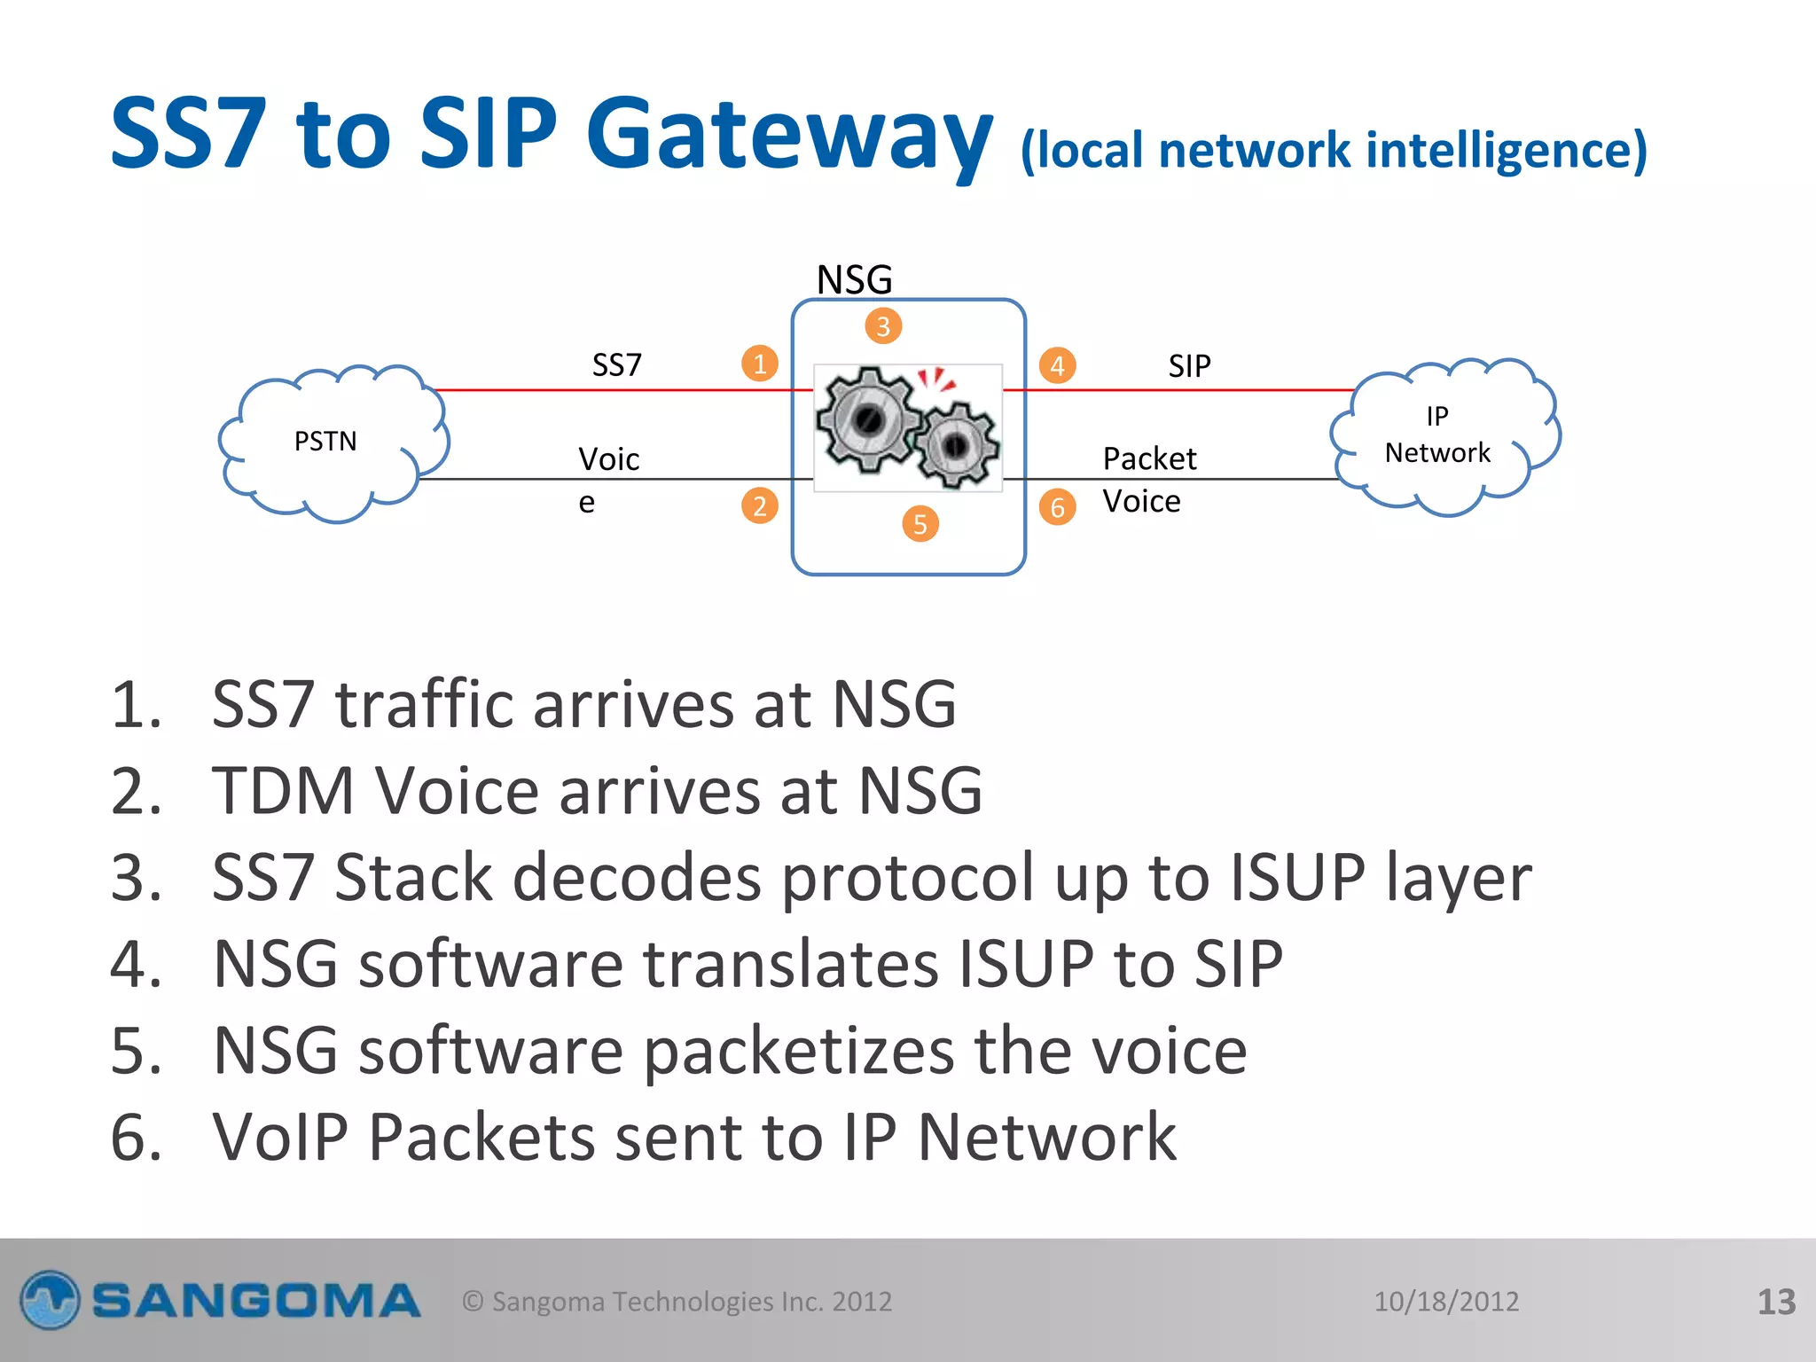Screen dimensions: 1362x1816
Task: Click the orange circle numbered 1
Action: pyautogui.click(x=760, y=364)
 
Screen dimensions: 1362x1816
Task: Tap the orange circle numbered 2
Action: pyautogui.click(x=760, y=505)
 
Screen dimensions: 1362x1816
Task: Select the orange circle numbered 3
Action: pyautogui.click(x=883, y=326)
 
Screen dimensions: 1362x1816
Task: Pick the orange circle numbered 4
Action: pyautogui.click(x=1057, y=365)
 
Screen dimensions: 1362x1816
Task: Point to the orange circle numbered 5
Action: pyautogui.click(x=920, y=524)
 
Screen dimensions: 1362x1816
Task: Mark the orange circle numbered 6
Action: pyautogui.click(x=1057, y=507)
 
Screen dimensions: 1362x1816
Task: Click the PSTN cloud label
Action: pyautogui.click(x=325, y=441)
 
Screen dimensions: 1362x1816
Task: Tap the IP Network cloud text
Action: pyautogui.click(x=1437, y=434)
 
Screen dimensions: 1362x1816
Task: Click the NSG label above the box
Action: pyautogui.click(x=854, y=279)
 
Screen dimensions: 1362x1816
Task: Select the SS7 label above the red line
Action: pyautogui.click(x=617, y=364)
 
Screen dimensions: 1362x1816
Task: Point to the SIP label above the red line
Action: pyautogui.click(x=1189, y=365)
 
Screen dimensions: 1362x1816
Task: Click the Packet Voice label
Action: pyautogui.click(x=1148, y=480)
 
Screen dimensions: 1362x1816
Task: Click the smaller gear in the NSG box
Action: pyautogui.click(x=956, y=446)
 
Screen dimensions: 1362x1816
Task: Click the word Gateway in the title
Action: pyautogui.click(x=788, y=135)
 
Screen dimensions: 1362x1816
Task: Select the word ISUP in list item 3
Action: pyautogui.click(x=1297, y=877)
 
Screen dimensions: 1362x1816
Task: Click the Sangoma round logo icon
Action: pyautogui.click(x=51, y=1300)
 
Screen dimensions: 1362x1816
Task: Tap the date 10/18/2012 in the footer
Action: pyautogui.click(x=1446, y=1301)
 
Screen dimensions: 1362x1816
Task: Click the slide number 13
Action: pyautogui.click(x=1776, y=1302)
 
